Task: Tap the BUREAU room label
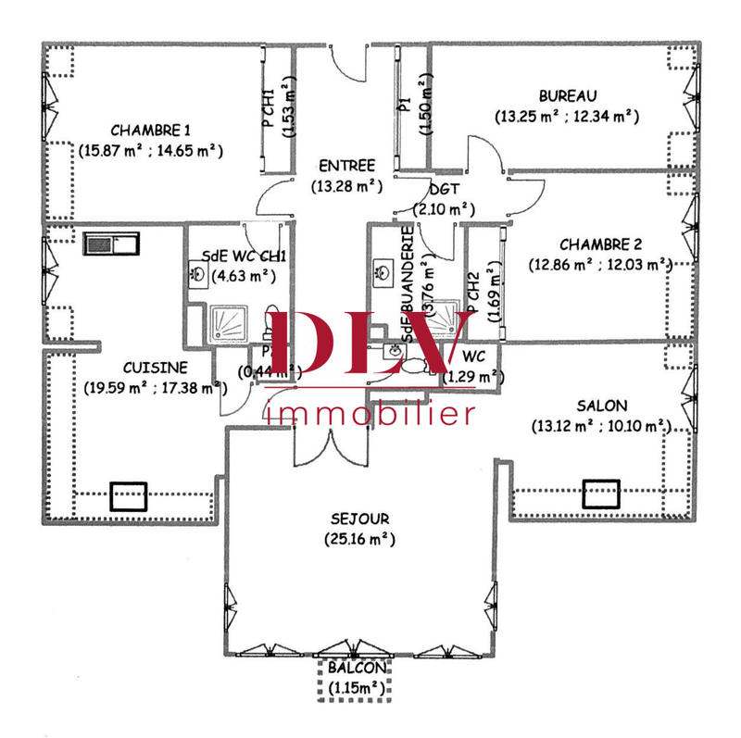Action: pos(567,95)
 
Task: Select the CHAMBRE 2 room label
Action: pos(600,244)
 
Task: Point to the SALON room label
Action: pos(601,406)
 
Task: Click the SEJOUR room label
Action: pos(360,519)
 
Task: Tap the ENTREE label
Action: pos(345,166)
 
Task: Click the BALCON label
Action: pos(356,668)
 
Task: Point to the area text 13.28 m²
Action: pos(346,185)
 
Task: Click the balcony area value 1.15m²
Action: pos(356,687)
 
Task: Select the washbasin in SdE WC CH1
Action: pos(198,272)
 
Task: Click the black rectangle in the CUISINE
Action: pos(128,497)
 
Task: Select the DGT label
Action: pos(438,189)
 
